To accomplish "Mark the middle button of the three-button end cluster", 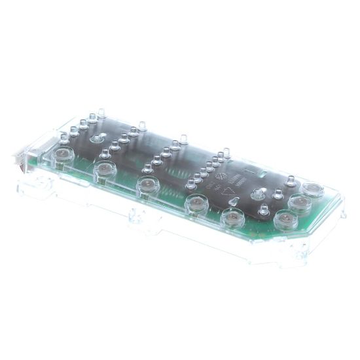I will coord(300,203).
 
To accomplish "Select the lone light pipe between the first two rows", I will coord(97,139).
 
